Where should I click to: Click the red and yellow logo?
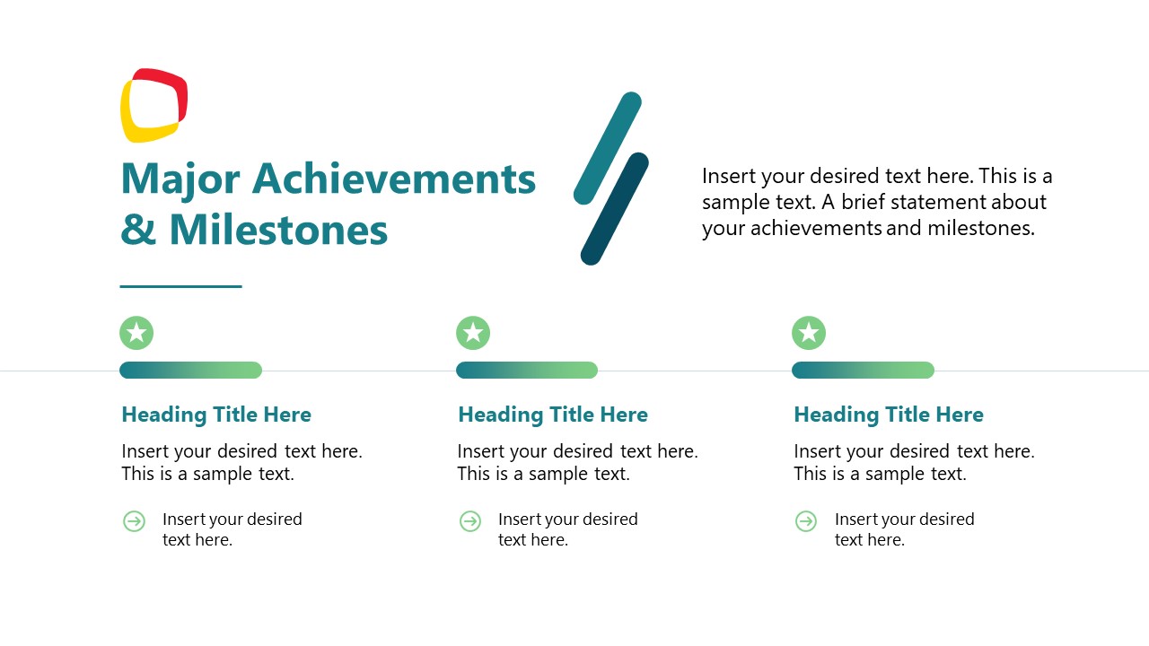(x=153, y=105)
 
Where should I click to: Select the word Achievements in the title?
(x=394, y=179)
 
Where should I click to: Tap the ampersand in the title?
(x=137, y=230)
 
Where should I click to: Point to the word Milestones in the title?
(x=278, y=230)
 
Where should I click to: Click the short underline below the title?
(x=180, y=286)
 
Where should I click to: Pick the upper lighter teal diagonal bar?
(x=608, y=147)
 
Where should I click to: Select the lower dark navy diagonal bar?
(x=615, y=209)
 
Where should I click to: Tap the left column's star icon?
(x=136, y=333)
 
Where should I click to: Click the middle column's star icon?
(x=473, y=333)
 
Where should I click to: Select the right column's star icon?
(x=809, y=333)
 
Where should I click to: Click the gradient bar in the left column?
(x=190, y=370)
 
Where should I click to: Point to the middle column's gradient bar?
(x=527, y=370)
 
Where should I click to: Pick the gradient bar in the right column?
(x=863, y=370)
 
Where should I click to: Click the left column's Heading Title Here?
(x=216, y=415)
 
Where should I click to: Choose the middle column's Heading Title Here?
(x=553, y=415)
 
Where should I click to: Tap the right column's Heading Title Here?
(x=889, y=415)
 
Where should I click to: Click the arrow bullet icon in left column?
(x=134, y=521)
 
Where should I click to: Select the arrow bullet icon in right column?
(x=806, y=521)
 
